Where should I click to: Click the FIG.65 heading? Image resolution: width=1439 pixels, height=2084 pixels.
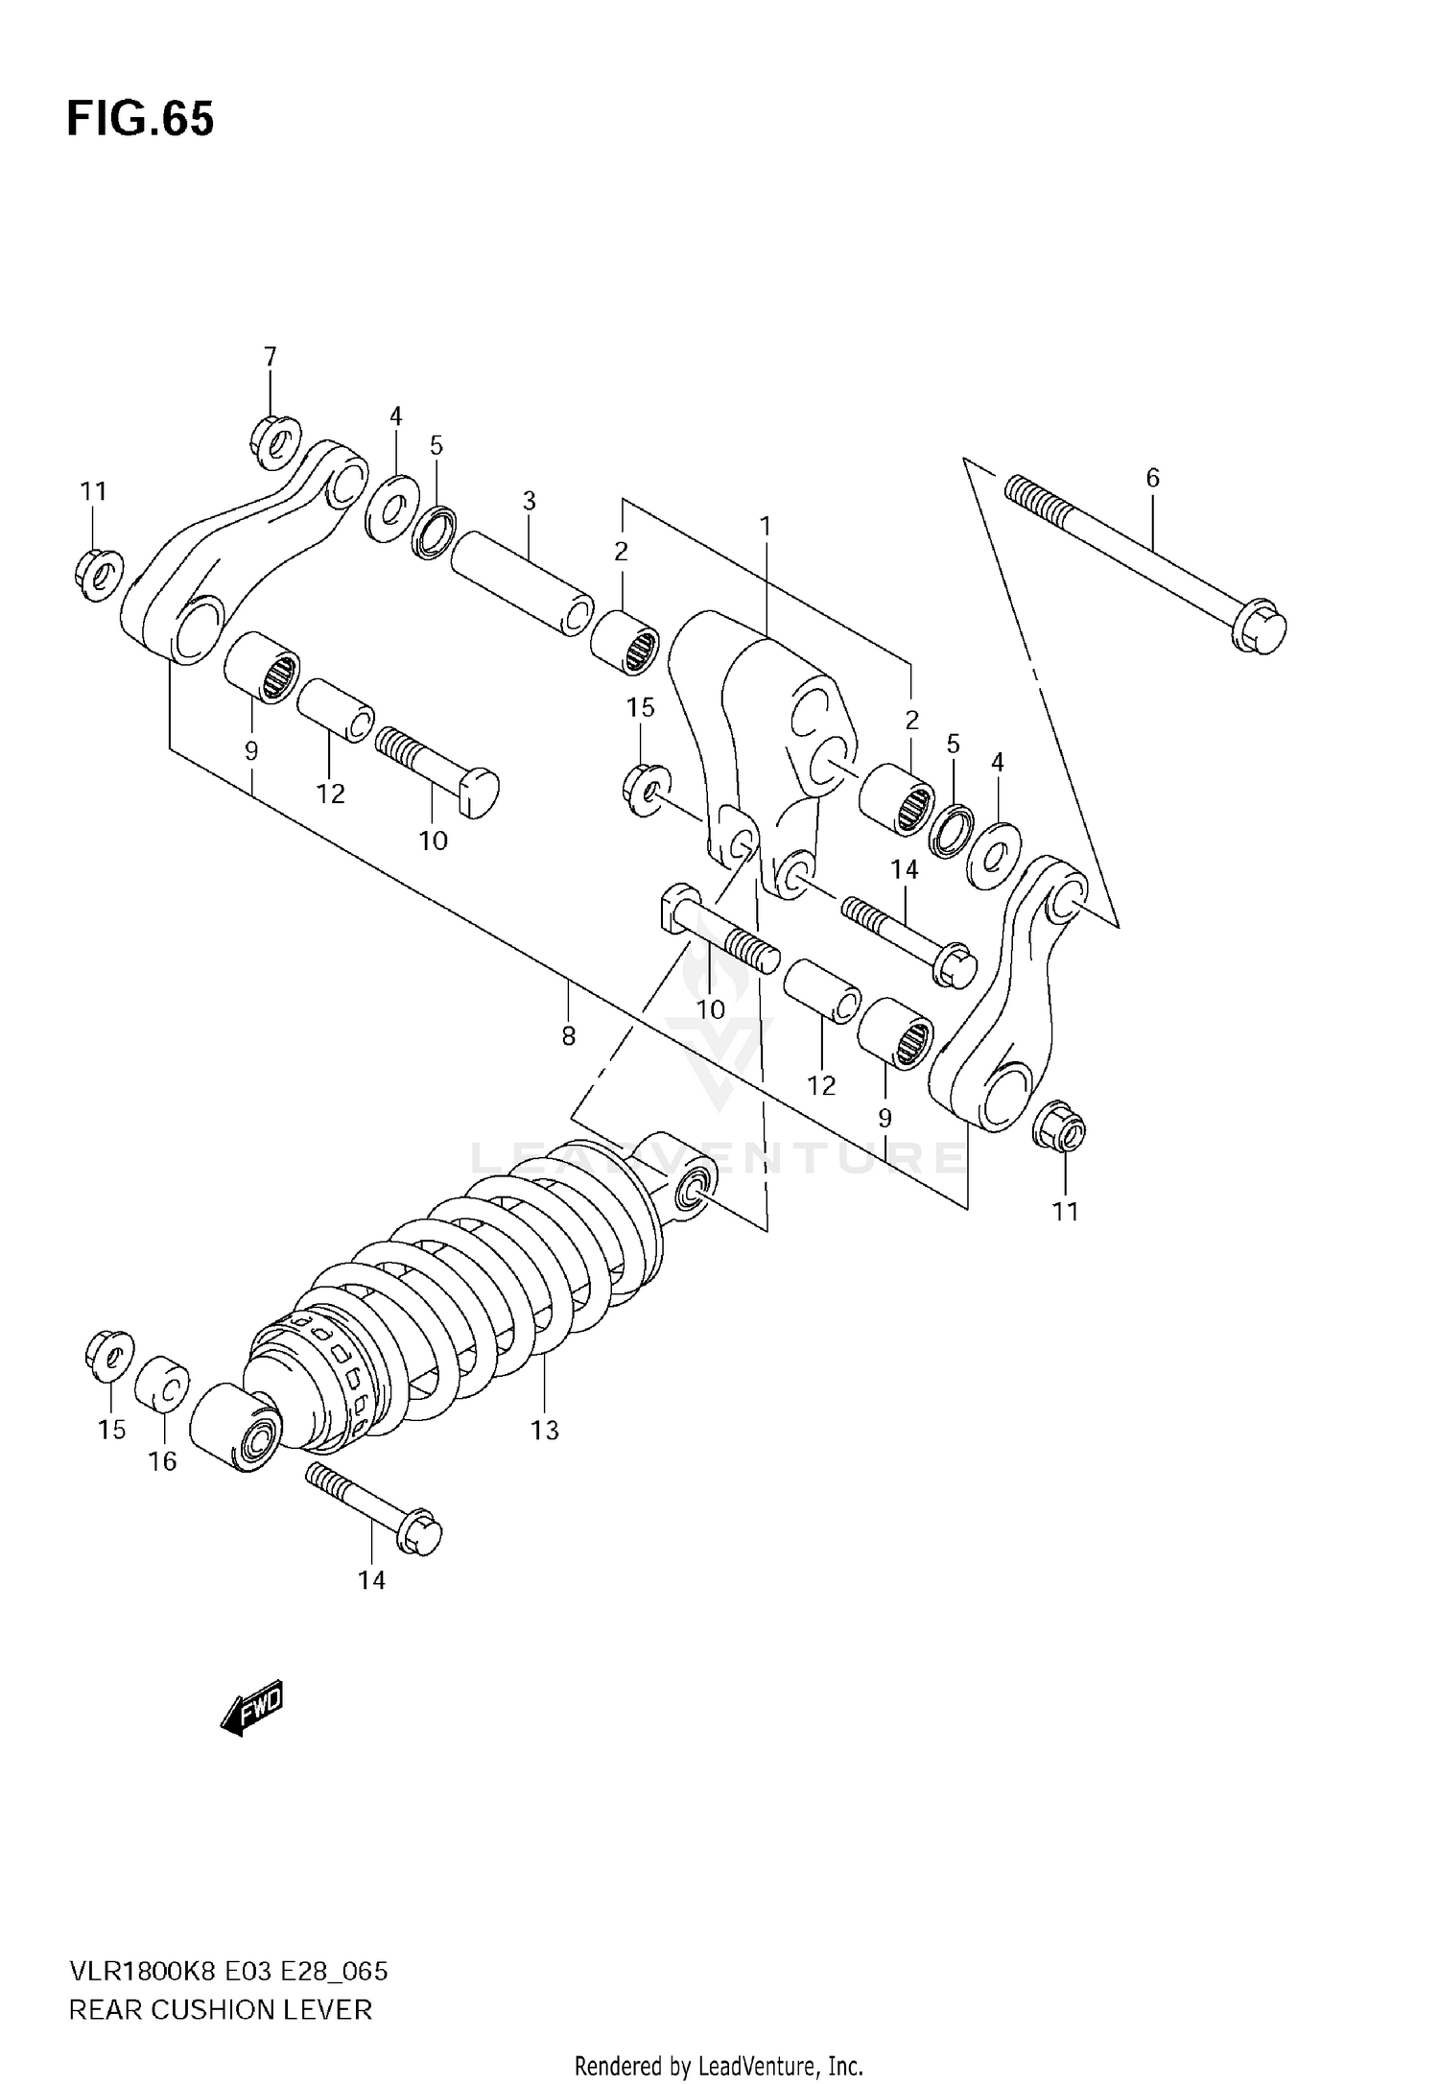pyautogui.click(x=140, y=121)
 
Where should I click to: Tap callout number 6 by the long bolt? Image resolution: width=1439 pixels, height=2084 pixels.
pyautogui.click(x=1152, y=478)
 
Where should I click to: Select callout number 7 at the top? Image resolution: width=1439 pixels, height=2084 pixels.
pyautogui.click(x=270, y=357)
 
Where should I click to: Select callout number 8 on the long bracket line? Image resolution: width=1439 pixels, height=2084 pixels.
pyautogui.click(x=568, y=1036)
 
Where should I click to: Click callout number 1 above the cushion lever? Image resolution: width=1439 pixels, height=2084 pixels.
pyautogui.click(x=765, y=526)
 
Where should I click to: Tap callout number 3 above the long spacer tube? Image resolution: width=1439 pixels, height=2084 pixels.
pyautogui.click(x=529, y=501)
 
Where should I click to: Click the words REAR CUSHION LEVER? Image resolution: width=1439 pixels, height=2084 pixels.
pyautogui.click(x=220, y=2009)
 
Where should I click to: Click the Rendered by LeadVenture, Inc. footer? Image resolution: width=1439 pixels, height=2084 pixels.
pyautogui.click(x=719, y=2066)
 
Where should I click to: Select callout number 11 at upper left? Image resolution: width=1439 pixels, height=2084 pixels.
pyautogui.click(x=93, y=491)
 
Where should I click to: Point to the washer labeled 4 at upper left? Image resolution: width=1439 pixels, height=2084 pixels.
pyautogui.click(x=392, y=506)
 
